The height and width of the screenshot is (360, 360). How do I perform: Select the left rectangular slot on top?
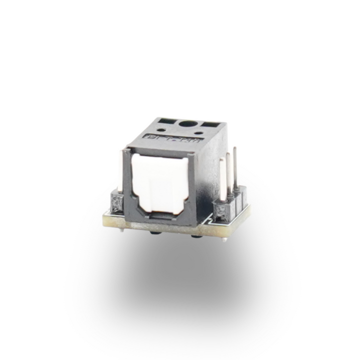tap(164, 121)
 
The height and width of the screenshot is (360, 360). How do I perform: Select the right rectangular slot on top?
tap(209, 123)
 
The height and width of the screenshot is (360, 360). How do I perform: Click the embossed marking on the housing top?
tap(172, 139)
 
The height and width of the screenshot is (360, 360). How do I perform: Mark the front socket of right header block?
tap(219, 209)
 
